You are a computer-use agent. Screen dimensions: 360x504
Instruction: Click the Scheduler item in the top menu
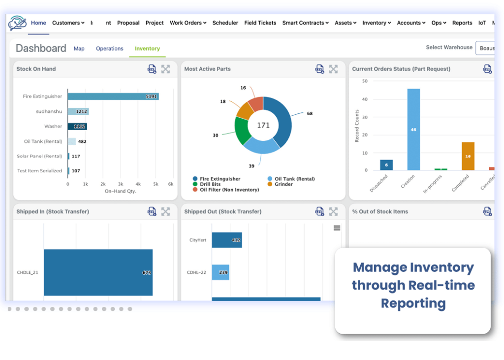click(225, 23)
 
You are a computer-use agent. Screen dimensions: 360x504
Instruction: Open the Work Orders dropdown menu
click(188, 23)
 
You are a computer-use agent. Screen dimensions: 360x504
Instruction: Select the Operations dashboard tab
click(109, 49)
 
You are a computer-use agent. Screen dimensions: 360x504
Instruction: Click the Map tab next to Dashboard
click(79, 49)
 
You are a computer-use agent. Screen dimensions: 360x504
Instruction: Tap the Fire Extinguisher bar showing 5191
click(113, 97)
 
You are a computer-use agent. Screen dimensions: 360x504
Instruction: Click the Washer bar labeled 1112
click(77, 127)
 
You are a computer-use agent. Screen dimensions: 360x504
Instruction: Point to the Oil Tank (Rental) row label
click(43, 141)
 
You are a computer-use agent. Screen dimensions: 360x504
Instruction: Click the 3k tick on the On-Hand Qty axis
click(120, 184)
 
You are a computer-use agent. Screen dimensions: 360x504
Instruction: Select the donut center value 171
click(263, 125)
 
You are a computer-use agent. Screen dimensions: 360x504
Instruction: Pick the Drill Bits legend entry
click(211, 184)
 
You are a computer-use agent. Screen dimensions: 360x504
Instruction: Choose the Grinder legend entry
click(283, 184)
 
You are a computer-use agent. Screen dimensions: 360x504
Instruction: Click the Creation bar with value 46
click(413, 130)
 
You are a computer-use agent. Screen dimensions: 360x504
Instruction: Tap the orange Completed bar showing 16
click(468, 156)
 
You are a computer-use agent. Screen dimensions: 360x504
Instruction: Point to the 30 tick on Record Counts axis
click(365, 117)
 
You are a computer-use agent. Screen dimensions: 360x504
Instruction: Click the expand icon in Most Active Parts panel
click(333, 69)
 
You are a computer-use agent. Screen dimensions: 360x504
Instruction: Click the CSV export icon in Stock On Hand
click(152, 69)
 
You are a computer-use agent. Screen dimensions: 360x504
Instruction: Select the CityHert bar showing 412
click(227, 240)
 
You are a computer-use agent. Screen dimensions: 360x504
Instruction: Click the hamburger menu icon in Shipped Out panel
click(337, 228)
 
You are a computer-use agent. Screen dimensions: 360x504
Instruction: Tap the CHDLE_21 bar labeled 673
click(98, 272)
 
